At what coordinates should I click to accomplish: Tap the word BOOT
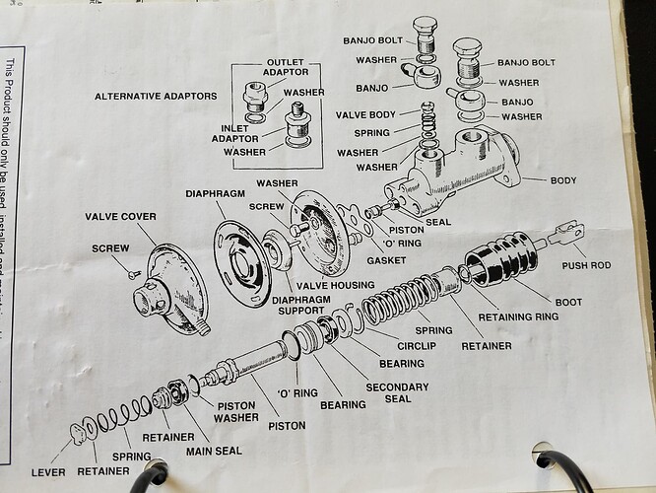coord(568,302)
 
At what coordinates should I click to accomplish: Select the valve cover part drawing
coord(172,285)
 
